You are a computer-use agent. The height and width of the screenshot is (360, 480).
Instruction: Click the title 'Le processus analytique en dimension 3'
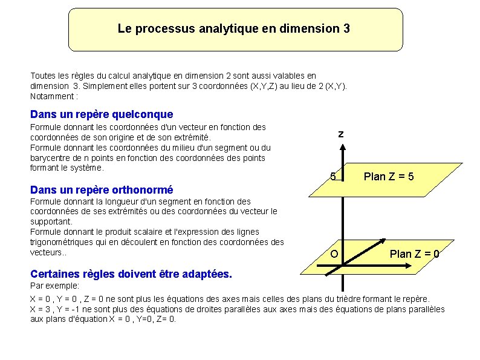233,28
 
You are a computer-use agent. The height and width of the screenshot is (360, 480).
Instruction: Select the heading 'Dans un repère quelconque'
102,114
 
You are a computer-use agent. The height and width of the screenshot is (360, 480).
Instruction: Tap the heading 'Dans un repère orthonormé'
102,189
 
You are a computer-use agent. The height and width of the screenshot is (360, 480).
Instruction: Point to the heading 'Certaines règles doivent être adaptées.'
131,274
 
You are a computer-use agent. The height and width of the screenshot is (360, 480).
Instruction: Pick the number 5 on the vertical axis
332,177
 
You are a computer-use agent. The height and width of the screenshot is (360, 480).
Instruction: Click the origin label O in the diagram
334,254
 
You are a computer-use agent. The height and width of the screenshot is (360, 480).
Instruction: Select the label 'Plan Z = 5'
389,177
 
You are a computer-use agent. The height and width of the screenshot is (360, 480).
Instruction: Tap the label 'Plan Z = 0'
415,254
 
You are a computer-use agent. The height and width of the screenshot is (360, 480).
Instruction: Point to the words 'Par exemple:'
55,285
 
